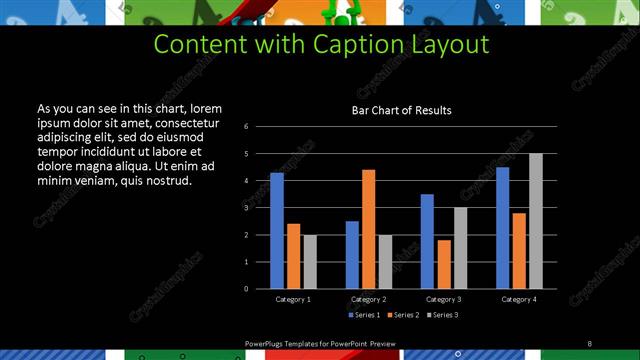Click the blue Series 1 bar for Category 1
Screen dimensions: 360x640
tap(277, 231)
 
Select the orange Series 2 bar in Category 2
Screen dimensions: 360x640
tap(368, 229)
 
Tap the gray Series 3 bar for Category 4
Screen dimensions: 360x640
tap(536, 221)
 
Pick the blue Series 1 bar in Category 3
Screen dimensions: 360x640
tap(427, 241)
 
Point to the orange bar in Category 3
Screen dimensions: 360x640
tap(444, 264)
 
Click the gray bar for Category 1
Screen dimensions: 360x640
tap(310, 261)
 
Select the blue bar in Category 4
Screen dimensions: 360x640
tap(503, 228)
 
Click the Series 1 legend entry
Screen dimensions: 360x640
tap(364, 315)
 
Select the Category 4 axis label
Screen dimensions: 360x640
tap(518, 299)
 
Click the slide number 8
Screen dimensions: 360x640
tap(589, 343)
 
